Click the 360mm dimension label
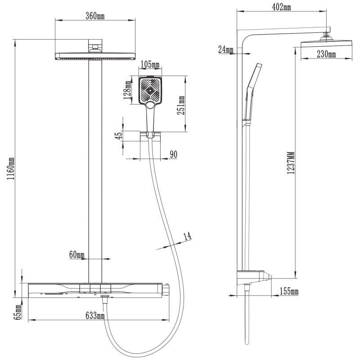(95, 17)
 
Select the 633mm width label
(95, 316)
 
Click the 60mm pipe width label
(77, 255)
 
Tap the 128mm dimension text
(128, 89)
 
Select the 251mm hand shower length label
(181, 105)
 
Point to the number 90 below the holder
(173, 154)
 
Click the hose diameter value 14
(187, 235)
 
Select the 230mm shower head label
(326, 54)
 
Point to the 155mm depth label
(288, 292)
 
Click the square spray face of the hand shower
(150, 90)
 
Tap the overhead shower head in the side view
(326, 43)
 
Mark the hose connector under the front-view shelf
(105, 300)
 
